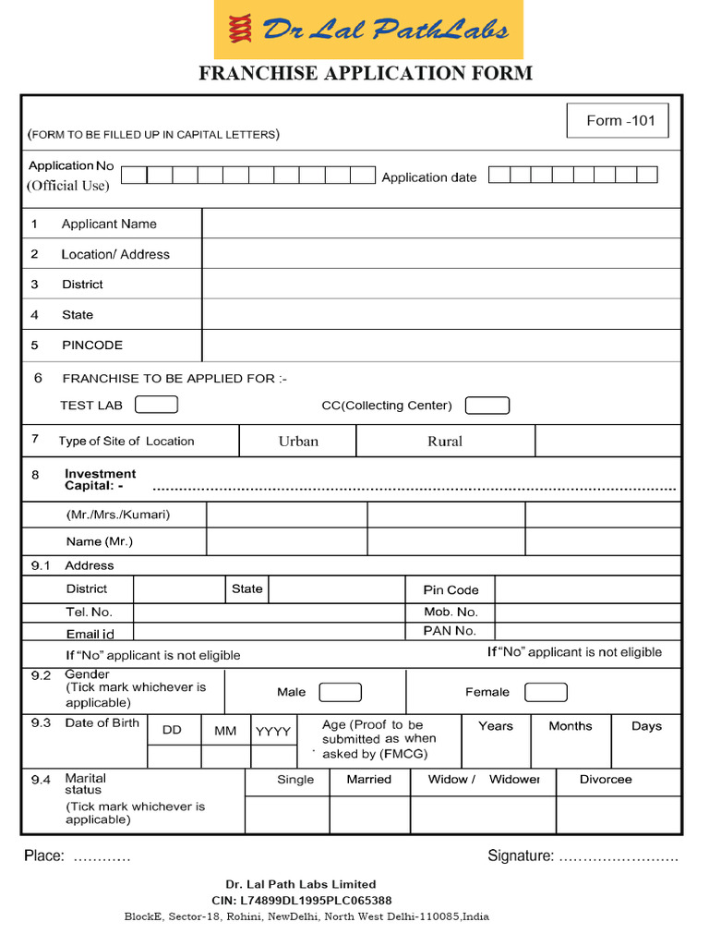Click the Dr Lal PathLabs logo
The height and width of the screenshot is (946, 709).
pos(368,30)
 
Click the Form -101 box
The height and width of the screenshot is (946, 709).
pos(617,121)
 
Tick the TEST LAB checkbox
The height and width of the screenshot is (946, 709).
pos(156,405)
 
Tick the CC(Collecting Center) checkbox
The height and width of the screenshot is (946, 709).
pos(487,406)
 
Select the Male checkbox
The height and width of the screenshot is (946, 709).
pos(340,692)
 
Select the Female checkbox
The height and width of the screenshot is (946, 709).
pos(546,692)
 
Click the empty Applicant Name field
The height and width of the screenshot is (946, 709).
pos(441,224)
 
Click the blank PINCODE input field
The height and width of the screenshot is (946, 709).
pos(441,346)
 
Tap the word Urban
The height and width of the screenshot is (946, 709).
pos(298,442)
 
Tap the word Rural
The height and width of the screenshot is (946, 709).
pos(445,442)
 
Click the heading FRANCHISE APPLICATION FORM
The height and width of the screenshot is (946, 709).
pos(366,74)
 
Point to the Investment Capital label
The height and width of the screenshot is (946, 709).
pos(100,479)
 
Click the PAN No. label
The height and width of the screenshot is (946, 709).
pos(450,631)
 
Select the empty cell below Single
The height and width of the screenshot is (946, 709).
pos(287,815)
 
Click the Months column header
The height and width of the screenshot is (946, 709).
pos(570,726)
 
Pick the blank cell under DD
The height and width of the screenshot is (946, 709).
pos(174,757)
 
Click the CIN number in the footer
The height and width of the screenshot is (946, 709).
pos(301,900)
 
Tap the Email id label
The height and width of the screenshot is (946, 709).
pos(90,634)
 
